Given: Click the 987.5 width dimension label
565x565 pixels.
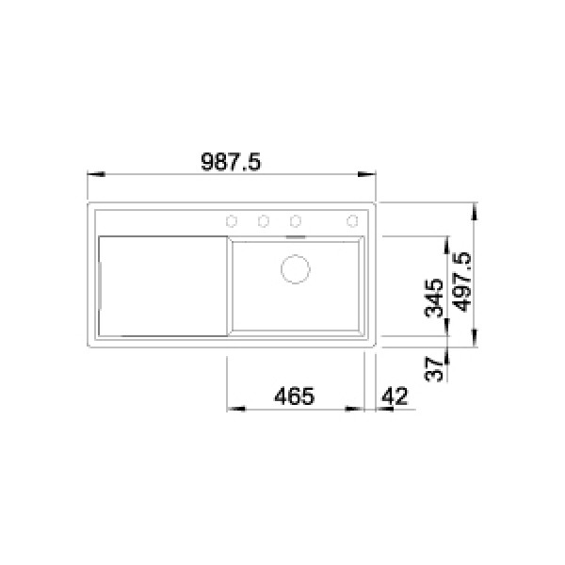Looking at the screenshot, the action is click(231, 162).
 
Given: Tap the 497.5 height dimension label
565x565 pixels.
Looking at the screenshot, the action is click(462, 282).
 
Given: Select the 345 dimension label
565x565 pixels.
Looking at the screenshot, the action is click(434, 298).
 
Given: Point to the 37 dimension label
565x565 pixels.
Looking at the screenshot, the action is click(434, 369).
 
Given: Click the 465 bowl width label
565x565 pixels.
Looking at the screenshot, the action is click(295, 396).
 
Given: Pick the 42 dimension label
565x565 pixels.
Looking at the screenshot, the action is click(395, 396).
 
